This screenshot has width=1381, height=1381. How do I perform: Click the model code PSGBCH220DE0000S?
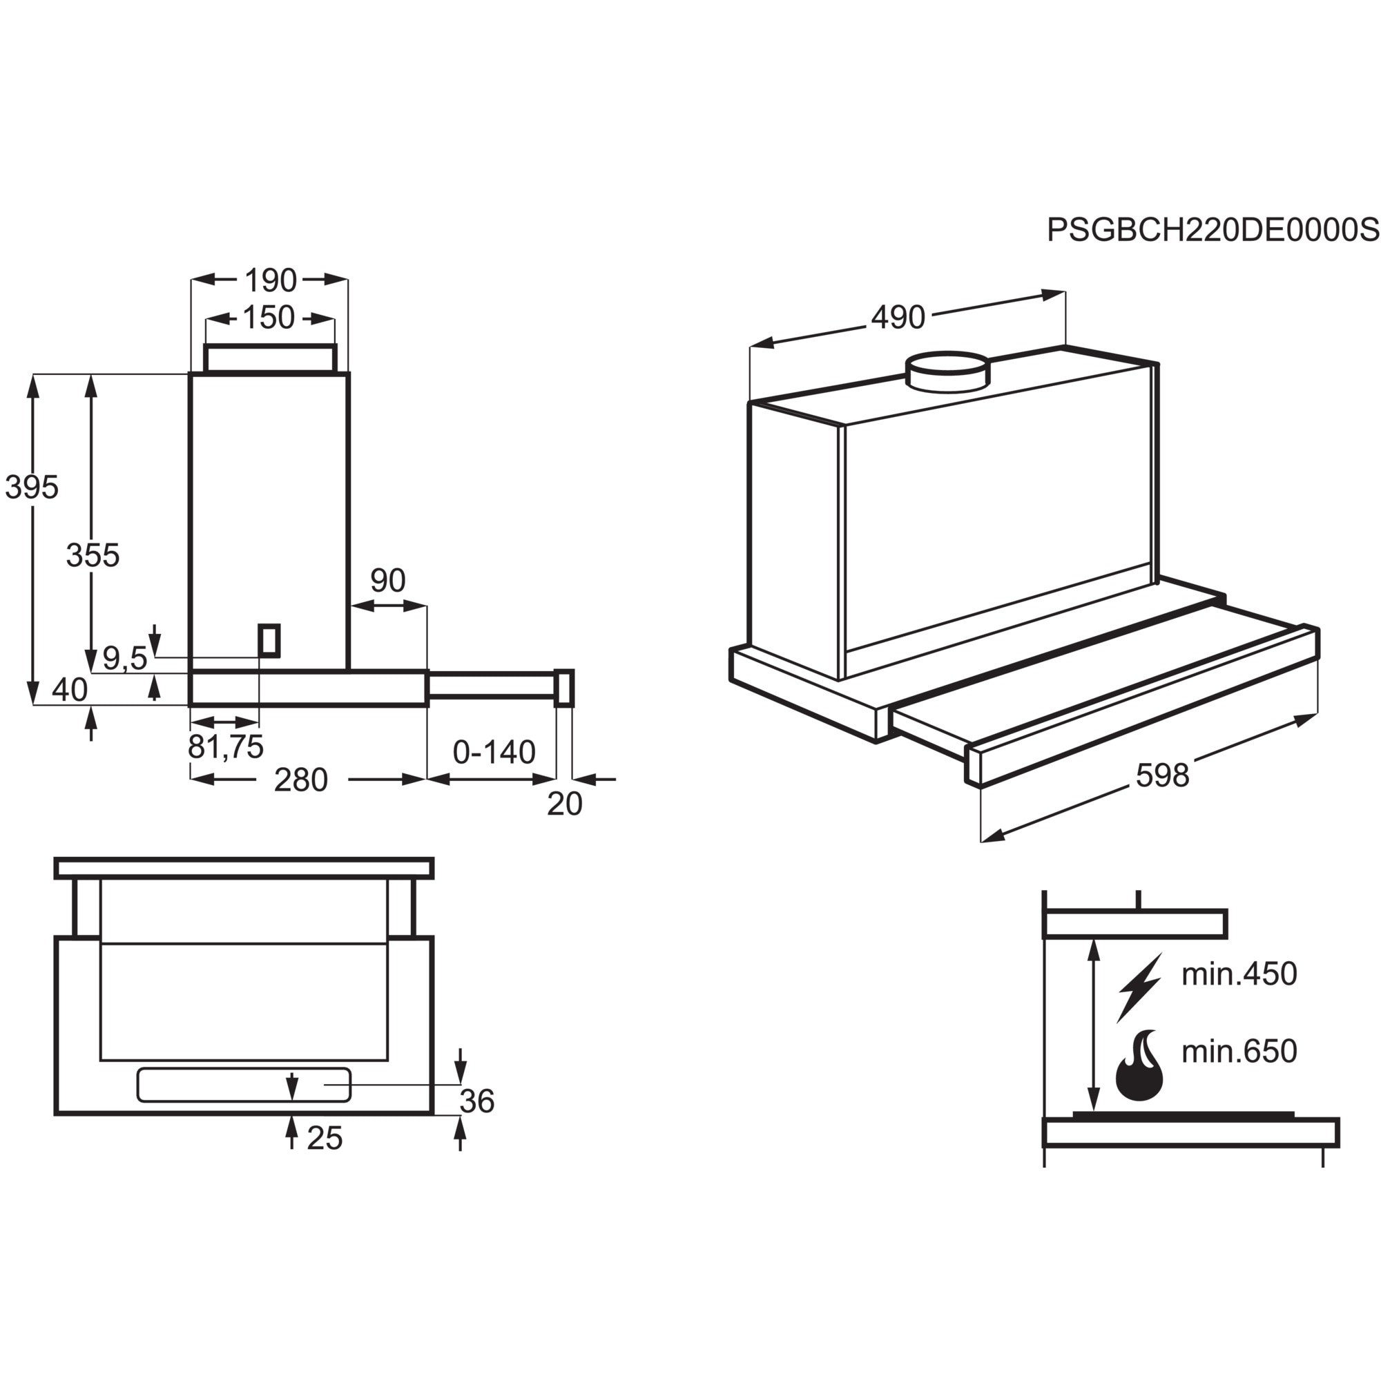point(1213,230)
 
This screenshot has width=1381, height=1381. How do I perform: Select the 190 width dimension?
point(270,280)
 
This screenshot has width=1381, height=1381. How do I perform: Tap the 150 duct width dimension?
point(269,318)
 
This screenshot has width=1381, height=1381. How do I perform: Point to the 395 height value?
point(32,487)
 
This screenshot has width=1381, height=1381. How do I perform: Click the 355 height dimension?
point(93,554)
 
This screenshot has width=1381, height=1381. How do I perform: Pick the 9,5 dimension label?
point(124,658)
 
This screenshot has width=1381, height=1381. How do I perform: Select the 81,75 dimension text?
point(225,747)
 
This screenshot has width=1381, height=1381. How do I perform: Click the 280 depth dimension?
point(300,780)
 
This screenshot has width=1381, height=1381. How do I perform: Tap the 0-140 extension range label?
point(494,752)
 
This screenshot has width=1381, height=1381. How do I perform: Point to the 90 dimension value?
point(387,581)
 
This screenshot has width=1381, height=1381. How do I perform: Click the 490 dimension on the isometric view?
point(898,317)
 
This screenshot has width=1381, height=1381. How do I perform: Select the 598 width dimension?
point(1162,775)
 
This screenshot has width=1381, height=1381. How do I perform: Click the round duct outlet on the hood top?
point(948,371)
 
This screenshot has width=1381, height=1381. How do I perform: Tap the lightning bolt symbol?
point(1139,987)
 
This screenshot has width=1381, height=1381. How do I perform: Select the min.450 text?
point(1239,974)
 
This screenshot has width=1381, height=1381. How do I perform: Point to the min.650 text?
point(1239,1051)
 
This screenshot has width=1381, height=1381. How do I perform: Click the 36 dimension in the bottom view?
point(476,1101)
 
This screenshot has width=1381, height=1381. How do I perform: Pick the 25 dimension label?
point(325,1138)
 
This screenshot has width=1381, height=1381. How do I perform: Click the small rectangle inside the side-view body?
point(269,640)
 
